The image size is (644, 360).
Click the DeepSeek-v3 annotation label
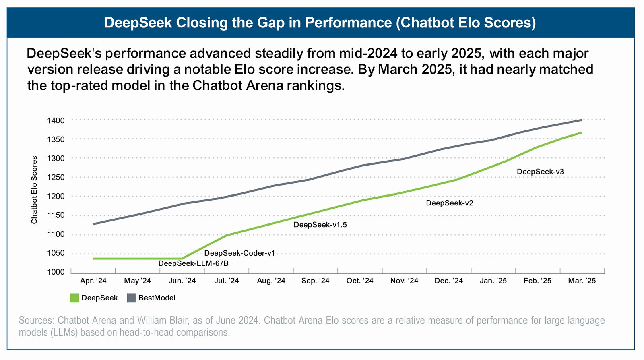tap(540, 172)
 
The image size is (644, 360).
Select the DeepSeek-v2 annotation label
tap(449, 203)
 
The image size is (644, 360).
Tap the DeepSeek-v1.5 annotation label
tap(320, 225)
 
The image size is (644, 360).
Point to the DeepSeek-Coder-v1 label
tap(239, 253)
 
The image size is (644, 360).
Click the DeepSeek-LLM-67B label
tap(193, 263)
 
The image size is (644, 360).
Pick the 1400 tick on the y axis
tap(56, 120)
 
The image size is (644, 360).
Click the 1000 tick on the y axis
tap(56, 272)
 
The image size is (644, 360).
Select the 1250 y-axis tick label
tap(56, 177)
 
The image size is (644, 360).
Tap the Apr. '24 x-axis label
tap(93, 281)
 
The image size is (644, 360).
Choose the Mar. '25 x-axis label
tap(582, 281)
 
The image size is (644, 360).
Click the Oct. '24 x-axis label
tap(360, 281)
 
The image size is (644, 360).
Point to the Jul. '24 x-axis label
tap(226, 281)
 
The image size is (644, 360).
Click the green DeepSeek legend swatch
tap(74, 298)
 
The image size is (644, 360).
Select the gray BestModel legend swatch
tap(131, 298)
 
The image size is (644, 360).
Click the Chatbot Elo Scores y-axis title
tap(34, 190)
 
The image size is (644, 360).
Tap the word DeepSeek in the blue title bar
tap(138, 23)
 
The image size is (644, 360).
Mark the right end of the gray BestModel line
tap(582, 120)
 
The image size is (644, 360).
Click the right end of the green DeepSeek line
tap(582, 132)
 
